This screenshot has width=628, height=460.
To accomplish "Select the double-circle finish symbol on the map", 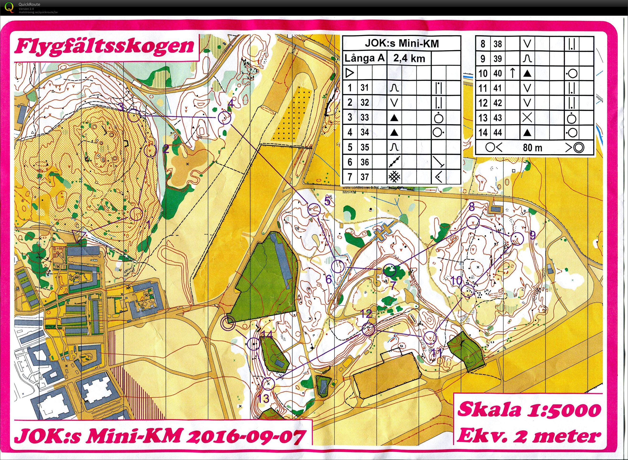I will coord(228,323).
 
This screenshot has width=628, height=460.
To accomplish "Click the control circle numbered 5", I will coord(314,209).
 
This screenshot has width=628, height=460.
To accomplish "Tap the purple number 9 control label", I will coord(532,236).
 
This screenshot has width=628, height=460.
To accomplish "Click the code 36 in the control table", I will coord(364,162).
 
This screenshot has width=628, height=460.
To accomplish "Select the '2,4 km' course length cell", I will coord(409,58).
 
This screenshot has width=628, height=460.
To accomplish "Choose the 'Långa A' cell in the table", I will coord(364,58).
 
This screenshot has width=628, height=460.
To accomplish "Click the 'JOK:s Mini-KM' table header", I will coord(401,43).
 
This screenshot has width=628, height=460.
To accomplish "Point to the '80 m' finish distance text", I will coord(532,148).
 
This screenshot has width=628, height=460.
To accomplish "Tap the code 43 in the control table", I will coord(498,118).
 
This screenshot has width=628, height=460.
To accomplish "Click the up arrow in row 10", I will coord(513,73).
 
